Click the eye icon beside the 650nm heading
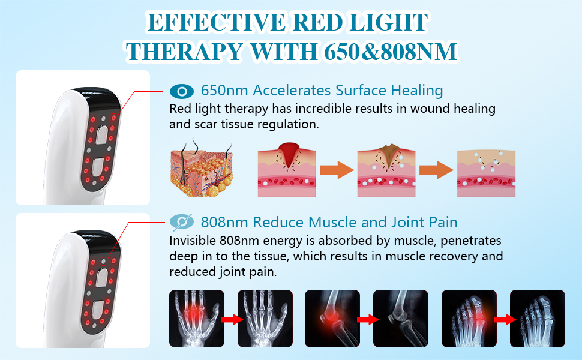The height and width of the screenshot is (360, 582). [x=182, y=91]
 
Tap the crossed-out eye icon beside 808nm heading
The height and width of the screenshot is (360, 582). [x=182, y=222]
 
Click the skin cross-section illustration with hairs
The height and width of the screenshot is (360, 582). [x=202, y=168]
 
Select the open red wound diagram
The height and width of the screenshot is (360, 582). [x=287, y=170]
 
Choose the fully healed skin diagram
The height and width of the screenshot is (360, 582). [x=486, y=173]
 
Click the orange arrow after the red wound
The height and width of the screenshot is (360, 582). [x=337, y=170]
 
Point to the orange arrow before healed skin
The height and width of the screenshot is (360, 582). [x=436, y=170]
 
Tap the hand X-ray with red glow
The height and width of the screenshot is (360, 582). [x=197, y=319]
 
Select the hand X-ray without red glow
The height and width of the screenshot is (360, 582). [x=265, y=319]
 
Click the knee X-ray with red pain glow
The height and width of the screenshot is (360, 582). [x=332, y=319]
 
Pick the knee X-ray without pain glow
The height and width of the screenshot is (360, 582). [x=400, y=319]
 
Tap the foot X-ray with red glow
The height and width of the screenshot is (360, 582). [x=469, y=319]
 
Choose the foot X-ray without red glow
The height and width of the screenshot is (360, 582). [x=538, y=319]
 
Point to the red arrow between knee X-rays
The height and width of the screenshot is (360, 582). [x=367, y=319]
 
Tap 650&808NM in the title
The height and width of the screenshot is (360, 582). [x=391, y=51]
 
